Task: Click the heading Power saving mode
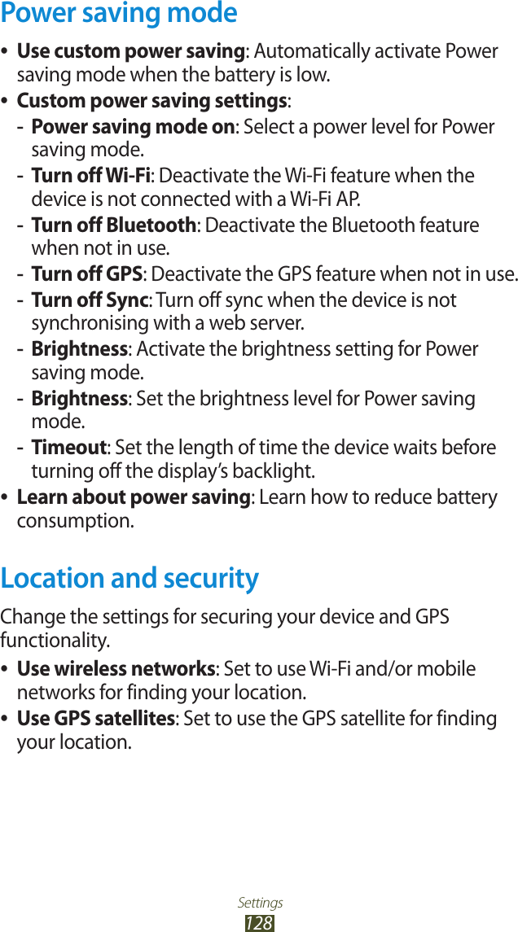pyautogui.click(x=119, y=14)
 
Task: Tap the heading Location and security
pyautogui.click(x=129, y=579)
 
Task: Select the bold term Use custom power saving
pyautogui.click(x=130, y=51)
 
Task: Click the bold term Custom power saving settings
pyautogui.click(x=151, y=102)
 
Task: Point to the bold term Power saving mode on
pyautogui.click(x=133, y=128)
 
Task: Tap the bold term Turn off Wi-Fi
pyautogui.click(x=90, y=176)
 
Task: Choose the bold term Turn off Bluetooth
pyautogui.click(x=113, y=225)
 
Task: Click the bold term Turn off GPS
pyautogui.click(x=86, y=275)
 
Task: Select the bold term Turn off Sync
pyautogui.click(x=90, y=300)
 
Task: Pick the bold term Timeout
pyautogui.click(x=68, y=448)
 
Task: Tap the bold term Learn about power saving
pyautogui.click(x=133, y=497)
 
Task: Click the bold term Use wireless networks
pyautogui.click(x=116, y=670)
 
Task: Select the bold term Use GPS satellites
pyautogui.click(x=95, y=720)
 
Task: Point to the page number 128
pyautogui.click(x=259, y=922)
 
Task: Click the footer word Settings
pyautogui.click(x=260, y=903)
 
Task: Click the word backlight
pyautogui.click(x=273, y=472)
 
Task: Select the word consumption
pyautogui.click(x=74, y=521)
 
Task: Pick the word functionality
pyautogui.click(x=54, y=641)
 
